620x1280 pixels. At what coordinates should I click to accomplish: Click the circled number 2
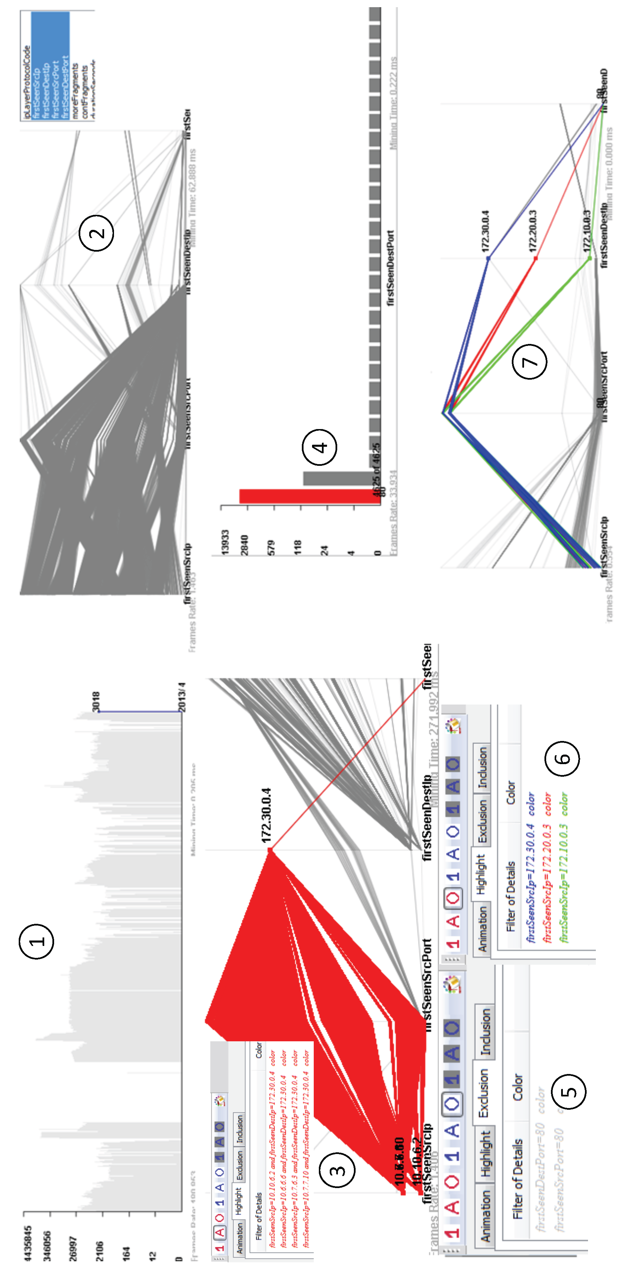click(96, 233)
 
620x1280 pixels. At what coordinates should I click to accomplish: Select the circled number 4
click(319, 447)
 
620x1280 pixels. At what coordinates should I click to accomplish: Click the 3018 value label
click(96, 701)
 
